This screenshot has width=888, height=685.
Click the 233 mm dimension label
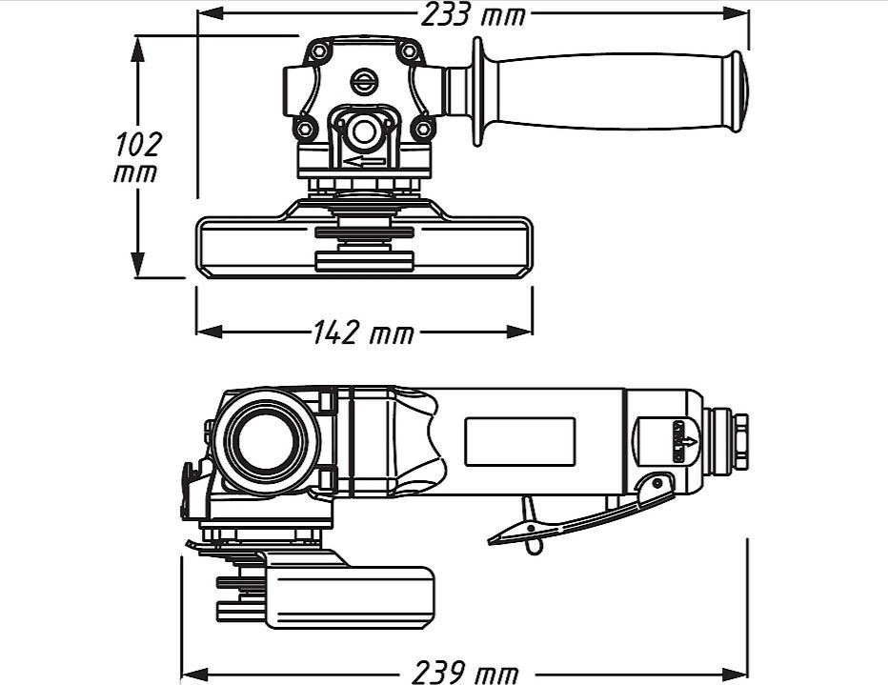coord(474,15)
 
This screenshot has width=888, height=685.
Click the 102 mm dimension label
coord(137,158)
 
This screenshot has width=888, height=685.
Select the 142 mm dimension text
coord(364,332)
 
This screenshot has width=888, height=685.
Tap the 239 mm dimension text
coord(465,674)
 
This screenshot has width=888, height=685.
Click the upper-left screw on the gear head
coord(319,51)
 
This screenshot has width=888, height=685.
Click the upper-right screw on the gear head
coord(409,51)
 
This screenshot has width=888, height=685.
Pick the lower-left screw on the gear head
coord(305,129)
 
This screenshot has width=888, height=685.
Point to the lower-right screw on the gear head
coord(422,129)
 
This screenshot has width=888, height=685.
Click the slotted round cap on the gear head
coord(364,82)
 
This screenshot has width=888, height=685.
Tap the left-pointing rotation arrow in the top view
coord(364,162)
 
